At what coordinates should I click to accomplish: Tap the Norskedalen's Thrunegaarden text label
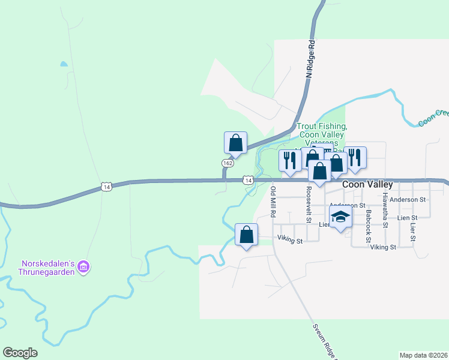(x=47, y=267)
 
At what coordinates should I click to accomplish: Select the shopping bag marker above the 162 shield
(x=235, y=143)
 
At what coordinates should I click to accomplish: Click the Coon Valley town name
(x=367, y=185)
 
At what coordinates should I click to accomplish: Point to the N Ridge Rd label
(x=310, y=59)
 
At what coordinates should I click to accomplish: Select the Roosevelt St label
(x=308, y=204)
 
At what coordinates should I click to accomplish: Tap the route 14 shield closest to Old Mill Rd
(x=247, y=180)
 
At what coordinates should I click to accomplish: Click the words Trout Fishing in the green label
(x=322, y=127)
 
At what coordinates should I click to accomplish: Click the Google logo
(x=20, y=353)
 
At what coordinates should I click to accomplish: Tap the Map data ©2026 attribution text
(x=424, y=355)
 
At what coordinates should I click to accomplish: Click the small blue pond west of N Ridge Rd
(x=63, y=64)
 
